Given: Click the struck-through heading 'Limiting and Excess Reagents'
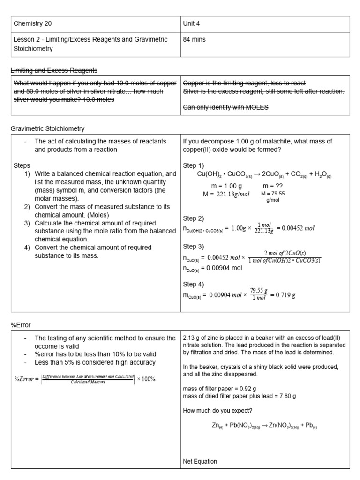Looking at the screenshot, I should pyautogui.click(x=54, y=70).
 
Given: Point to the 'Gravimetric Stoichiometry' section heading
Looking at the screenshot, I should pyautogui.click(x=48, y=128).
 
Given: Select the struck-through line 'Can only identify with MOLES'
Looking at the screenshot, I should pyautogui.click(x=225, y=108).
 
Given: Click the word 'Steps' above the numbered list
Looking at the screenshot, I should pyautogui.click(x=22, y=165).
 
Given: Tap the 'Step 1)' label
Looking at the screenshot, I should pyautogui.click(x=194, y=165).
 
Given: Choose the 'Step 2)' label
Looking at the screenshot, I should pyautogui.click(x=194, y=218).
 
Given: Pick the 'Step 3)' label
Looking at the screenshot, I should pyautogui.click(x=194, y=247).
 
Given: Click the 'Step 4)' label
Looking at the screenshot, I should pyautogui.click(x=194, y=284).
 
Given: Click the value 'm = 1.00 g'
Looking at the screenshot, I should pyautogui.click(x=227, y=186).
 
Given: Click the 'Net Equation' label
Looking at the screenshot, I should pyautogui.click(x=200, y=461).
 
